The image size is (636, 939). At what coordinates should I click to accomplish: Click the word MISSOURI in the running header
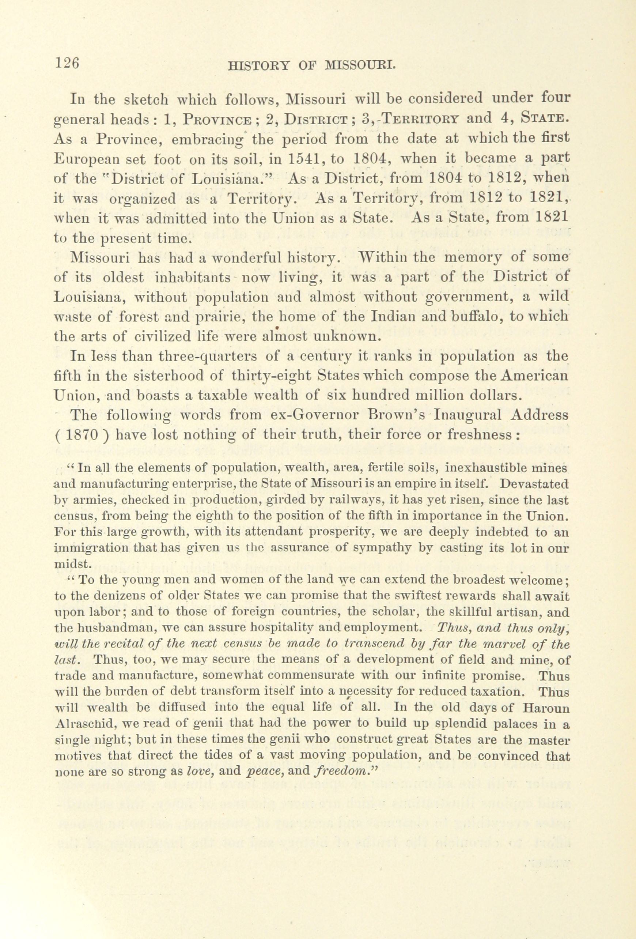click(x=359, y=66)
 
